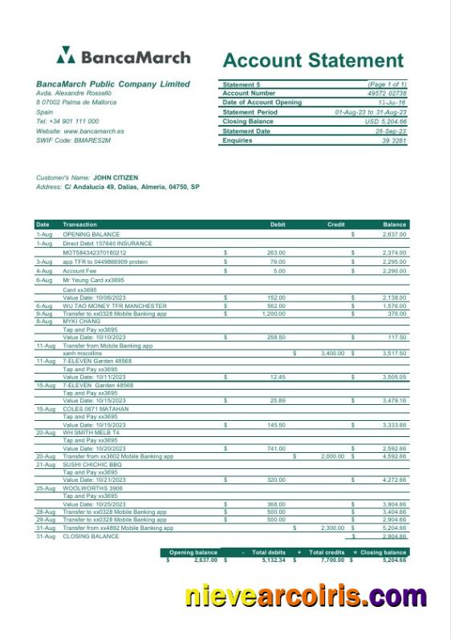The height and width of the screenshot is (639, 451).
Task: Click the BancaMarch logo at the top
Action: coord(124,57)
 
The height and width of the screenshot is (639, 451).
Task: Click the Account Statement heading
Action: coord(313,60)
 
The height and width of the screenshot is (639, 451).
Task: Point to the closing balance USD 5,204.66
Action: coord(387,122)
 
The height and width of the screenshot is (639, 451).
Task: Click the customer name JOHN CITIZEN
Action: coord(116,178)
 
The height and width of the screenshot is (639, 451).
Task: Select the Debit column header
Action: coord(278,224)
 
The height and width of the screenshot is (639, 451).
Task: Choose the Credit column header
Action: coord(336,224)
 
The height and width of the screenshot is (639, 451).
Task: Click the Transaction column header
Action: coord(79,224)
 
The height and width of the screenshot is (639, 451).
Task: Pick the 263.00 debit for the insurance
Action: coord(276,253)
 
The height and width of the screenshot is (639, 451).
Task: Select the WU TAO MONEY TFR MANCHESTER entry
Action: coord(115,305)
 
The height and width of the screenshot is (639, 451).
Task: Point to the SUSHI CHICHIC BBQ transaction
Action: coord(92,464)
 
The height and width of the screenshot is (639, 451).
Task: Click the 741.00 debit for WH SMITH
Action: coord(276,448)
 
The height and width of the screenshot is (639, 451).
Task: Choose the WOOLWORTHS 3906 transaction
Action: coord(92,488)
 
